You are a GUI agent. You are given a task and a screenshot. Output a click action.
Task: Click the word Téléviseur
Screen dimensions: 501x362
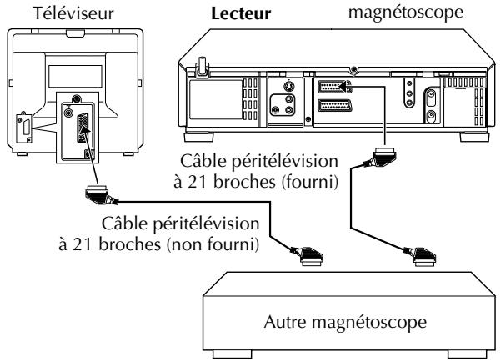coord(73,13)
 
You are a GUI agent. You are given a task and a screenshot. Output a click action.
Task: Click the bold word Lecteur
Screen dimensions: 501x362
coord(241,13)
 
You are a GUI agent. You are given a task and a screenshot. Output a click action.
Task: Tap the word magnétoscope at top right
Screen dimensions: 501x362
coord(406,13)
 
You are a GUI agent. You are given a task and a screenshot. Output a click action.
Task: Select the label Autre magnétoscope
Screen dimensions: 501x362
coord(345,322)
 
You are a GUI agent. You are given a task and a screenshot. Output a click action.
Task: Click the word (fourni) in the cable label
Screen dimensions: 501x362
coord(310,182)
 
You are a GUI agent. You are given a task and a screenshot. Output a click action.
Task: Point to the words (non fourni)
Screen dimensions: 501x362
coord(213,244)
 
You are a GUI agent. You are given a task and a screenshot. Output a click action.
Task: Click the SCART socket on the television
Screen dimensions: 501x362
coord(83,128)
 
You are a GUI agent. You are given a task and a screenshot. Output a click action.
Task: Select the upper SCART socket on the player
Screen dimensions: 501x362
coord(334,87)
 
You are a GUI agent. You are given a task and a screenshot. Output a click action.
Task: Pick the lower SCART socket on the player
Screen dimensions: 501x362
coord(335,106)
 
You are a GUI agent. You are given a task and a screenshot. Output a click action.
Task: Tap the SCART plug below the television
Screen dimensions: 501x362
coord(100,194)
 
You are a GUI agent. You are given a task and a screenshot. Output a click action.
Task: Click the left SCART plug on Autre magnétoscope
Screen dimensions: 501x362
coord(308,256)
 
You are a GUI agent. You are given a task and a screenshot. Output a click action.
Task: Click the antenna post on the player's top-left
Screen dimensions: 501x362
coord(202,67)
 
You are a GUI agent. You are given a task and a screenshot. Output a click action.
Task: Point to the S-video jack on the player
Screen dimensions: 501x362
coord(288,87)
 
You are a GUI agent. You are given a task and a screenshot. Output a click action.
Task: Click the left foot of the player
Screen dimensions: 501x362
coord(198,137)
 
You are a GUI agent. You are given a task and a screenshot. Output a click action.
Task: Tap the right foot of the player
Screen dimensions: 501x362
coord(474,137)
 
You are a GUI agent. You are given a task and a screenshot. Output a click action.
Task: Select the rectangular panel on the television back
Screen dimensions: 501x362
coord(75,76)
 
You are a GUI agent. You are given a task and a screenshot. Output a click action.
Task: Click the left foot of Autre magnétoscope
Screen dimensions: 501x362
coord(232,354)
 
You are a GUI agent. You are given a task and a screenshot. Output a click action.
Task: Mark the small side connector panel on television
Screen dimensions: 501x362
coord(24,128)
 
